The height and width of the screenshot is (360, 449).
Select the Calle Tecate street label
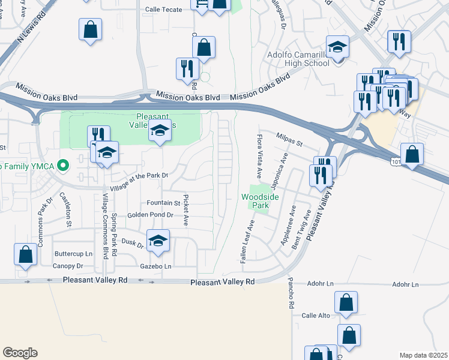(164, 10)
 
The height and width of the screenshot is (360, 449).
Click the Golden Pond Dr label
(149, 215)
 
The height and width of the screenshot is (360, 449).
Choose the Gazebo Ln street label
(156, 266)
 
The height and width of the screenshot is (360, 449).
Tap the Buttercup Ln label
(73, 254)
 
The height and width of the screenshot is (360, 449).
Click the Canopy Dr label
(68, 266)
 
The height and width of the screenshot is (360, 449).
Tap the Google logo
(20, 352)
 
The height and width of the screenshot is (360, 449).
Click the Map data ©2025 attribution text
(423, 355)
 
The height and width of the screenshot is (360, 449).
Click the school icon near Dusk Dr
(158, 241)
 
